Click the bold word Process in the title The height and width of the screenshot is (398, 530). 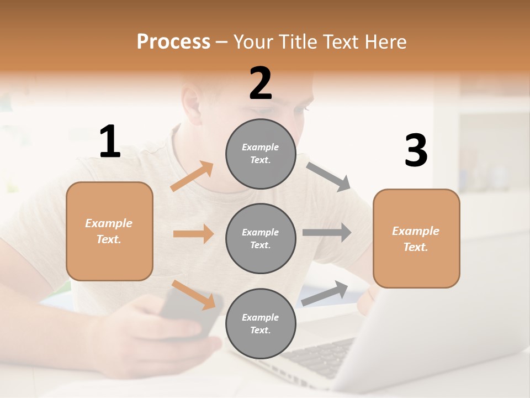point(173,41)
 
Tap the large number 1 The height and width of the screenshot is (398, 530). point(110,142)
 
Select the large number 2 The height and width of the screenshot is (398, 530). point(261,83)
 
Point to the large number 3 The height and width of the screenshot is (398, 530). point(416,151)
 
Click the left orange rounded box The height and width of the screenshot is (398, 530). point(109,231)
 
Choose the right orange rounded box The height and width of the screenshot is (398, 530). point(416,238)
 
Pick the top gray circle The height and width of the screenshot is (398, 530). point(260,154)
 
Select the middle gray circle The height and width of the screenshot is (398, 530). point(260,238)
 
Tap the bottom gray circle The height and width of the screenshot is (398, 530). point(260,323)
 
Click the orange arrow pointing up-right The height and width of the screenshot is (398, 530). point(192,176)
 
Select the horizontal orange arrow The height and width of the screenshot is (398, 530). point(193,234)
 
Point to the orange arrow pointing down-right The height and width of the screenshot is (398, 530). point(193,294)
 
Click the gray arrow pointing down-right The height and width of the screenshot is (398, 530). point(328,176)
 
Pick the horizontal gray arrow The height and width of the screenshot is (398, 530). point(327,232)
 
